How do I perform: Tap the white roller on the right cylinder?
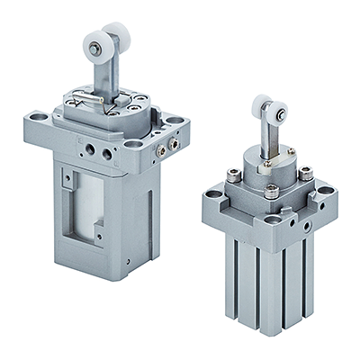click(x=267, y=110)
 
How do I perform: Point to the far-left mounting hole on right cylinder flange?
click(x=211, y=193)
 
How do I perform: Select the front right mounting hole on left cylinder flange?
click(x=133, y=142)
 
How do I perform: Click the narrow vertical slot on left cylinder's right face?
click(x=155, y=207)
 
